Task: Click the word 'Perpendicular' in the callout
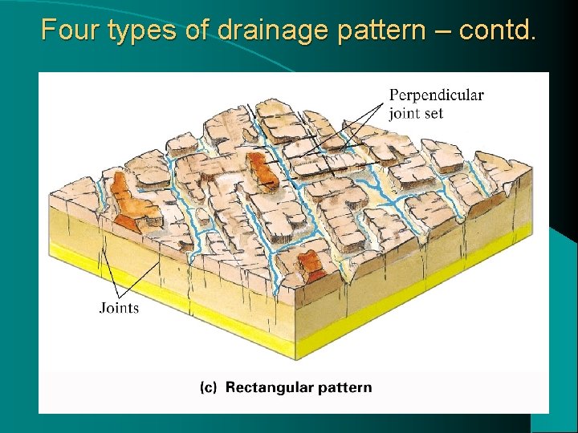click(436, 95)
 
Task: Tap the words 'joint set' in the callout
click(416, 113)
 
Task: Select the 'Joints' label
click(119, 307)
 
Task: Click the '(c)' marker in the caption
click(208, 388)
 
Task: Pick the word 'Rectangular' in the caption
click(269, 388)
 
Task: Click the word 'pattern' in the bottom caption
click(344, 388)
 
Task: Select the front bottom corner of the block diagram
click(295, 358)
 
